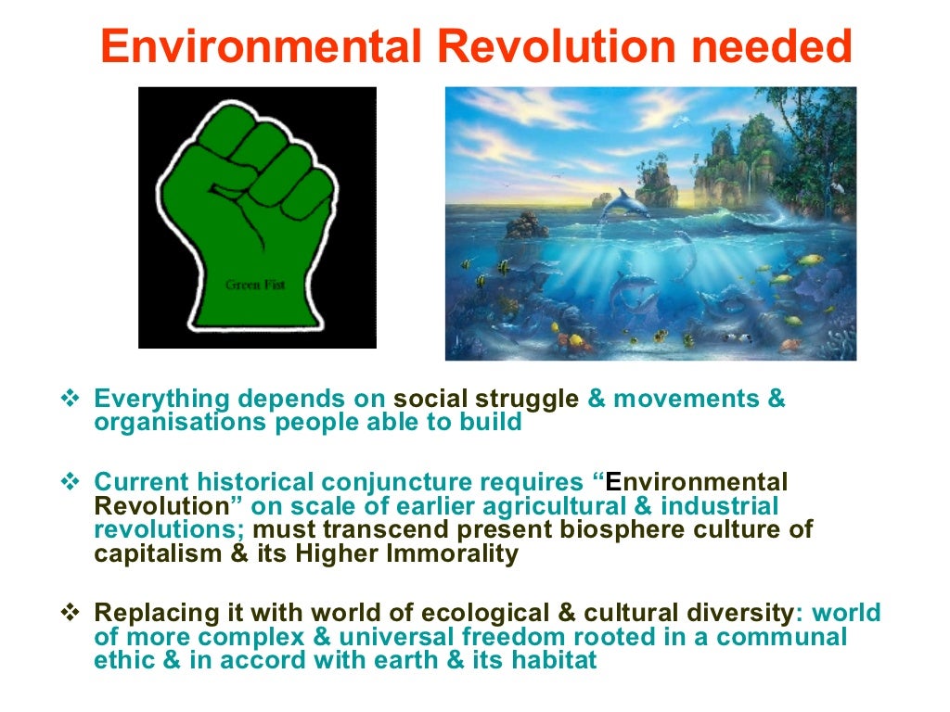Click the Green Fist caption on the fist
tap(254, 285)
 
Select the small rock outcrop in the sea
tap(527, 224)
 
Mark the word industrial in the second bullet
tap(717, 507)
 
